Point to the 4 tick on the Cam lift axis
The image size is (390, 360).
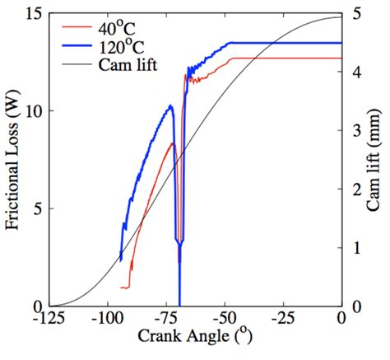(355, 72)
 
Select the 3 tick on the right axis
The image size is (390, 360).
(355, 131)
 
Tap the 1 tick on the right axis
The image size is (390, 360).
(355, 248)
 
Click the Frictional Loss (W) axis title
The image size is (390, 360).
(12, 161)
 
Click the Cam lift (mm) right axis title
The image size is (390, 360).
(378, 161)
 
